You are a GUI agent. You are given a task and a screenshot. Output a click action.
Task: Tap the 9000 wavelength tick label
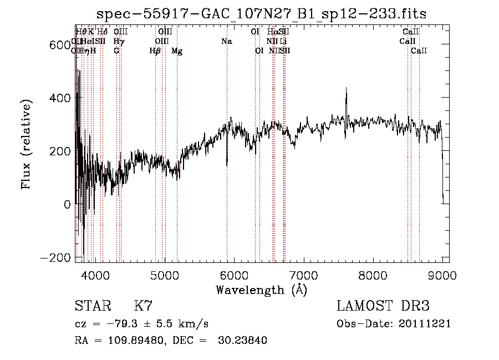tap(442, 275)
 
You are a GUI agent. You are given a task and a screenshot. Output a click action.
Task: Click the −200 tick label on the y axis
tap(55, 258)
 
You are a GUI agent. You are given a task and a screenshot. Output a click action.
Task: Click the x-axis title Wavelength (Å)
tap(261, 290)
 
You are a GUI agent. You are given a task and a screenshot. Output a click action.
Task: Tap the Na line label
tap(226, 42)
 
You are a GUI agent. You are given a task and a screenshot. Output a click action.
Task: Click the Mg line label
tap(177, 51)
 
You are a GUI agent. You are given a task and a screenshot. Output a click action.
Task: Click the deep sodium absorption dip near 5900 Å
tap(227, 164)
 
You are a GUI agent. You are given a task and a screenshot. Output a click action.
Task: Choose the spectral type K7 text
tap(143, 306)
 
